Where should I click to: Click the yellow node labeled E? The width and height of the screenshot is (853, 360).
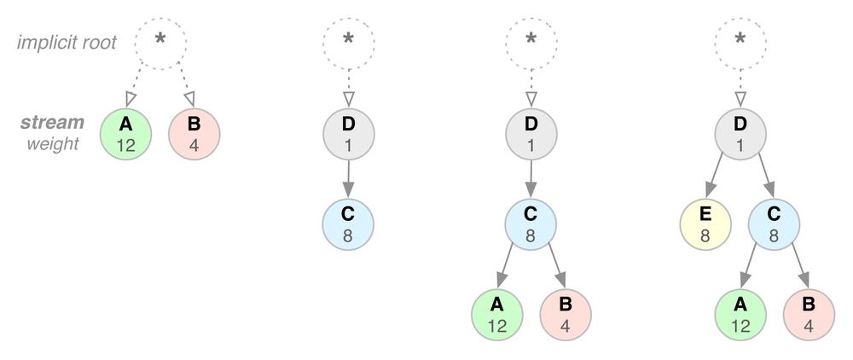[x=705, y=225]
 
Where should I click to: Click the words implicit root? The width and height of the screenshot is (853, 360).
[x=66, y=41]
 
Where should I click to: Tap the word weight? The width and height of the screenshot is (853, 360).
[x=52, y=143]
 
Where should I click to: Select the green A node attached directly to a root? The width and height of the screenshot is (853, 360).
[x=125, y=134]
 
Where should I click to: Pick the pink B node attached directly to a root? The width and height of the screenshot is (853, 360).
[x=194, y=134]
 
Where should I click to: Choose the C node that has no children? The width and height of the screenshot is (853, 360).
[x=348, y=225]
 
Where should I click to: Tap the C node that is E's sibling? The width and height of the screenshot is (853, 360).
[x=774, y=225]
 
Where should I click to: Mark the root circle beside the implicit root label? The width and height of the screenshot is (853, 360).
[x=160, y=40]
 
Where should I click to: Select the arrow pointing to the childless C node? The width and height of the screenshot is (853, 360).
[x=348, y=179]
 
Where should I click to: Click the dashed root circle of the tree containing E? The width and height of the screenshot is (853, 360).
[x=740, y=40]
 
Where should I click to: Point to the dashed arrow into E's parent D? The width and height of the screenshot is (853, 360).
[x=740, y=87]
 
